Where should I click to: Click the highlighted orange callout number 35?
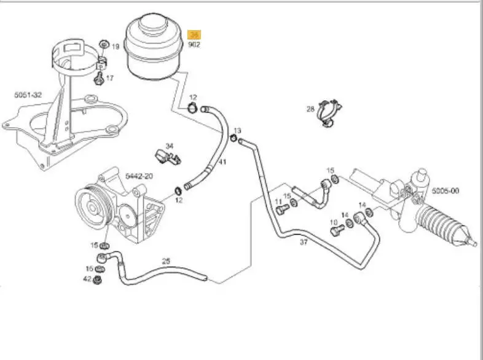[x=194, y=34]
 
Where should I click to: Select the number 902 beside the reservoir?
[x=194, y=44]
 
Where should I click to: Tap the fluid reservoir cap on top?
[x=151, y=27]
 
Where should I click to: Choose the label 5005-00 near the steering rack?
[x=445, y=191]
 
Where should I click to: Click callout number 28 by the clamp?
[x=310, y=109]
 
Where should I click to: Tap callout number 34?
[x=170, y=146]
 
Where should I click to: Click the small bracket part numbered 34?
[x=167, y=157]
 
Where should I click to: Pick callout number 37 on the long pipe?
[x=304, y=241]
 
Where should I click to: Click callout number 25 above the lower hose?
[x=165, y=261]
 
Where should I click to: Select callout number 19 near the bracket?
[x=115, y=46]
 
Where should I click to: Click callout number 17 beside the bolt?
[x=110, y=78]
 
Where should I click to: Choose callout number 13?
[x=238, y=130]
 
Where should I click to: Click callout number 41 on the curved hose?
[x=222, y=162]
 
